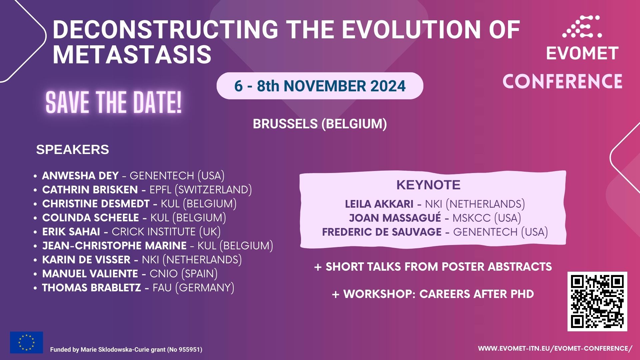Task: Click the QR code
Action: tap(597, 301)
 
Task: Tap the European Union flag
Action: tap(26, 342)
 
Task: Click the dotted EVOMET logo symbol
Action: tap(582, 26)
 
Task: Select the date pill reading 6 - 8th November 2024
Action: tap(320, 86)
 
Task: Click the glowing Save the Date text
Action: tap(114, 102)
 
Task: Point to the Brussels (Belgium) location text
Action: tap(320, 124)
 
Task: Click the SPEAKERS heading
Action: tap(73, 149)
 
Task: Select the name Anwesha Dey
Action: tap(80, 175)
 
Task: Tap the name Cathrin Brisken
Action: tap(90, 189)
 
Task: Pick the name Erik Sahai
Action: tap(71, 231)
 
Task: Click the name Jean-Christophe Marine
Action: tap(114, 245)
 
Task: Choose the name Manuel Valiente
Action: tap(90, 273)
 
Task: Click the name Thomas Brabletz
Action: tap(91, 287)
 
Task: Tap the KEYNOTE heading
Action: tap(428, 185)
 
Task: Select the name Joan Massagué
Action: tap(395, 218)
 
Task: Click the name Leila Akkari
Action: tap(379, 204)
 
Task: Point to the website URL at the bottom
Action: tap(555, 348)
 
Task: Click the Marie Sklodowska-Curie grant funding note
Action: tap(126, 350)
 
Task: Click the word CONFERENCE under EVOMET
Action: tap(562, 81)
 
